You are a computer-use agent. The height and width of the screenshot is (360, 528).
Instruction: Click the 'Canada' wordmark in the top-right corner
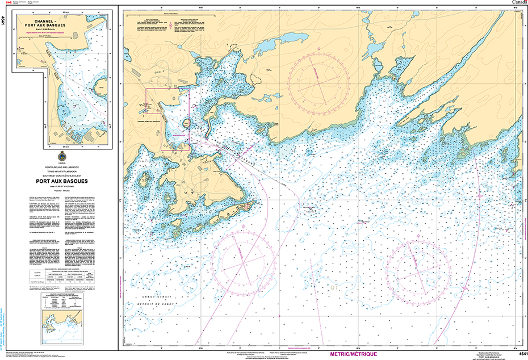pyautogui.click(x=517, y=3)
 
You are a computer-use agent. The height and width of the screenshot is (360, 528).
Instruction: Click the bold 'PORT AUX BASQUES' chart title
pyautogui.click(x=62, y=182)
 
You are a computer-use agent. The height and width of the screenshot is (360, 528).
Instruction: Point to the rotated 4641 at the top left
pyautogui.click(x=4, y=23)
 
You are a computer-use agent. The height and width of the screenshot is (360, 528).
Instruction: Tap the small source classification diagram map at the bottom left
pyautogui.click(x=61, y=330)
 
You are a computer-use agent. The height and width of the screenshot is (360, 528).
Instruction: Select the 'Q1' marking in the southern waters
pyautogui.click(x=334, y=288)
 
